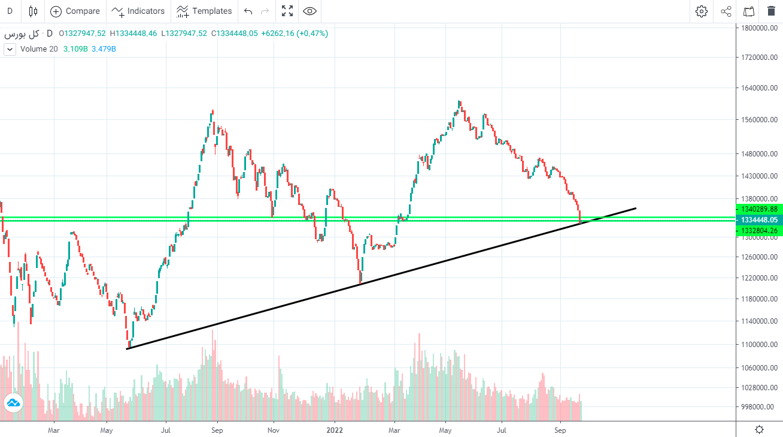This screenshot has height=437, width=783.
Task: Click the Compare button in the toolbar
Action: pyautogui.click(x=75, y=11)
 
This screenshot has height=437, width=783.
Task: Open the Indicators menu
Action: pyautogui.click(x=138, y=11)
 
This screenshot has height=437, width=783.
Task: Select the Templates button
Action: pyautogui.click(x=204, y=11)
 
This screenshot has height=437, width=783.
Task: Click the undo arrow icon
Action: pyautogui.click(x=248, y=11)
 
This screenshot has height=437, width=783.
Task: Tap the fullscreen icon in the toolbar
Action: pyautogui.click(x=287, y=11)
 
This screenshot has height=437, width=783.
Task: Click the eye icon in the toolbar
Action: pyautogui.click(x=309, y=11)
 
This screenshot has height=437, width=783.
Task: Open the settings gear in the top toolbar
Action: pyautogui.click(x=702, y=11)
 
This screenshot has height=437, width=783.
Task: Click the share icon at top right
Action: pyautogui.click(x=726, y=11)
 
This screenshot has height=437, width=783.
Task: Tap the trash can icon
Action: pyautogui.click(x=771, y=11)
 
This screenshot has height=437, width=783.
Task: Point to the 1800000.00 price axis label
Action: pyautogui.click(x=759, y=28)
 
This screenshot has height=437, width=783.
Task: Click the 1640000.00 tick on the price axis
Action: pyautogui.click(x=759, y=88)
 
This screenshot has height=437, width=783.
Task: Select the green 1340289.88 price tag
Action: pyautogui.click(x=758, y=209)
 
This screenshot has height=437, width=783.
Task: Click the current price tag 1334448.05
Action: pyautogui.click(x=758, y=220)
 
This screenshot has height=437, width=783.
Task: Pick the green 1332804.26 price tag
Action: pyautogui.click(x=758, y=231)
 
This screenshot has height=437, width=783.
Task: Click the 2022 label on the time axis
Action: pyautogui.click(x=335, y=430)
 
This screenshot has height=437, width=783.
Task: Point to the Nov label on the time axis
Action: pyautogui.click(x=274, y=430)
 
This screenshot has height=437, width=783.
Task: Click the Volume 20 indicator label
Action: pyautogui.click(x=39, y=49)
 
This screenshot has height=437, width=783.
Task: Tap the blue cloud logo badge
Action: pyautogui.click(x=13, y=404)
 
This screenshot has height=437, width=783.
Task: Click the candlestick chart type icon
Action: pyautogui.click(x=33, y=11)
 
